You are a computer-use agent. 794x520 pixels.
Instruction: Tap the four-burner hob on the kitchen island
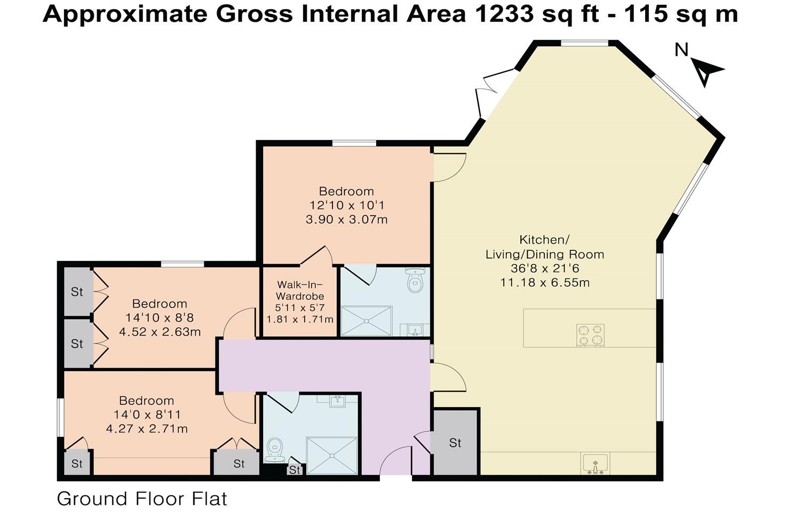(591, 335)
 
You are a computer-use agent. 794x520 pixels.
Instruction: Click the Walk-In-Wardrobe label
(300, 290)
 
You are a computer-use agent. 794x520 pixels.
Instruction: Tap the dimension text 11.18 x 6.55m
(545, 283)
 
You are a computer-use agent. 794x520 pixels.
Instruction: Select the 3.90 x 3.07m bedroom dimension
(347, 220)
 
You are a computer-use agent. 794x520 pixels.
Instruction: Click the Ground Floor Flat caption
(142, 499)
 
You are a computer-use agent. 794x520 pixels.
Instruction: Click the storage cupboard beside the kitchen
(455, 442)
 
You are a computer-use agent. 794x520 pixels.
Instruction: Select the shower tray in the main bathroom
(332, 456)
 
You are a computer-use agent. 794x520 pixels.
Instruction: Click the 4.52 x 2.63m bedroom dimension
(160, 332)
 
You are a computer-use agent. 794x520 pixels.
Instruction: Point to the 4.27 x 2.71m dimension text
(147, 429)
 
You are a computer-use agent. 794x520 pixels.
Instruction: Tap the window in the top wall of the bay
(585, 44)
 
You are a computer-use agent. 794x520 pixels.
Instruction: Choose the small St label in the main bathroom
(295, 470)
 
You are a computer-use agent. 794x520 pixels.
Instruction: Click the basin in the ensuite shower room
(415, 330)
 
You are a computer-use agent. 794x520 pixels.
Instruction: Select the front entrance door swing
(395, 460)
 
